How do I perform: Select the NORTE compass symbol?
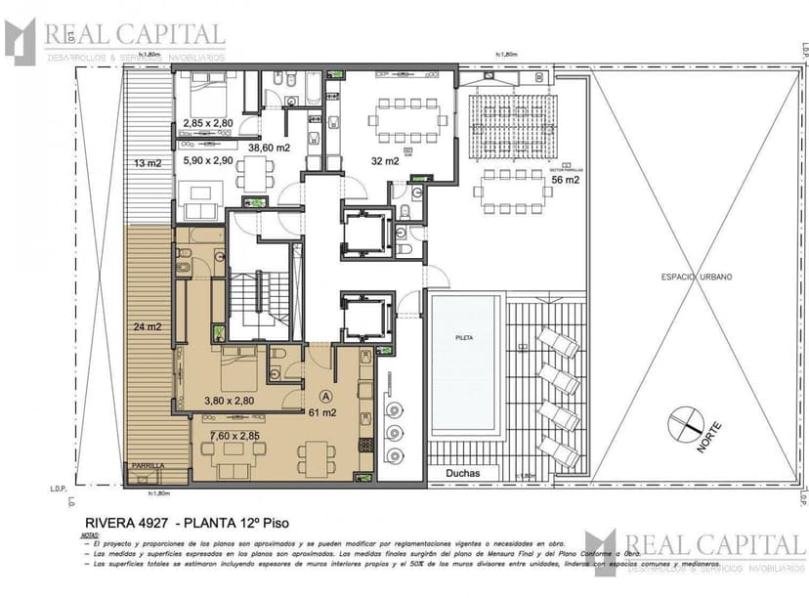tap(687, 428)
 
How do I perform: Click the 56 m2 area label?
tap(566, 180)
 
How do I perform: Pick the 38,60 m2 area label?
tap(269, 148)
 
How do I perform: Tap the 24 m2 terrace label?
tap(149, 327)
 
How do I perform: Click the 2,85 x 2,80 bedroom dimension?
tap(207, 123)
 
